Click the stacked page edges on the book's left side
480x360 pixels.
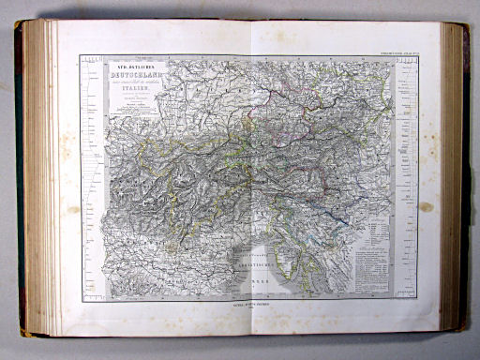(x=38, y=178)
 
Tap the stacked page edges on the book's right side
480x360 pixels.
(x=454, y=178)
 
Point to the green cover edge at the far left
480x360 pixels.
(x=19, y=178)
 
